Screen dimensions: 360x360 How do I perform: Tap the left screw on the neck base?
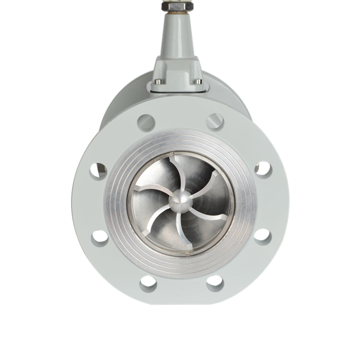(x=157, y=81)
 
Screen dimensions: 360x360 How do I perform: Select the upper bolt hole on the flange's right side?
(x=263, y=169)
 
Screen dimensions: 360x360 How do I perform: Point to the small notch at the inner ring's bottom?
(x=187, y=253)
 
